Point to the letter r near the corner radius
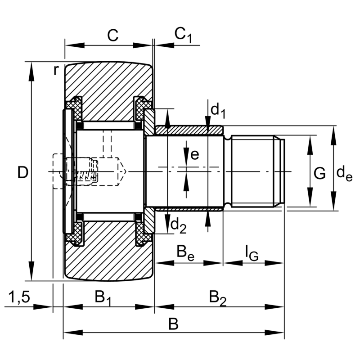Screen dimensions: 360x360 (x=56, y=70)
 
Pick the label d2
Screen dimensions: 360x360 (x=179, y=227)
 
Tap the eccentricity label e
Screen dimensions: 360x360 (x=194, y=154)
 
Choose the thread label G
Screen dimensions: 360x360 (x=319, y=173)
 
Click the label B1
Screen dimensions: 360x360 (x=103, y=297)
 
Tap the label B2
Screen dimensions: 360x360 (x=218, y=297)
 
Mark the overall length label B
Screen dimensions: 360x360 (x=173, y=324)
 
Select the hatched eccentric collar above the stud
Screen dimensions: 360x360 (x=189, y=130)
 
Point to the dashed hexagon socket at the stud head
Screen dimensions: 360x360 (x=58, y=171)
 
